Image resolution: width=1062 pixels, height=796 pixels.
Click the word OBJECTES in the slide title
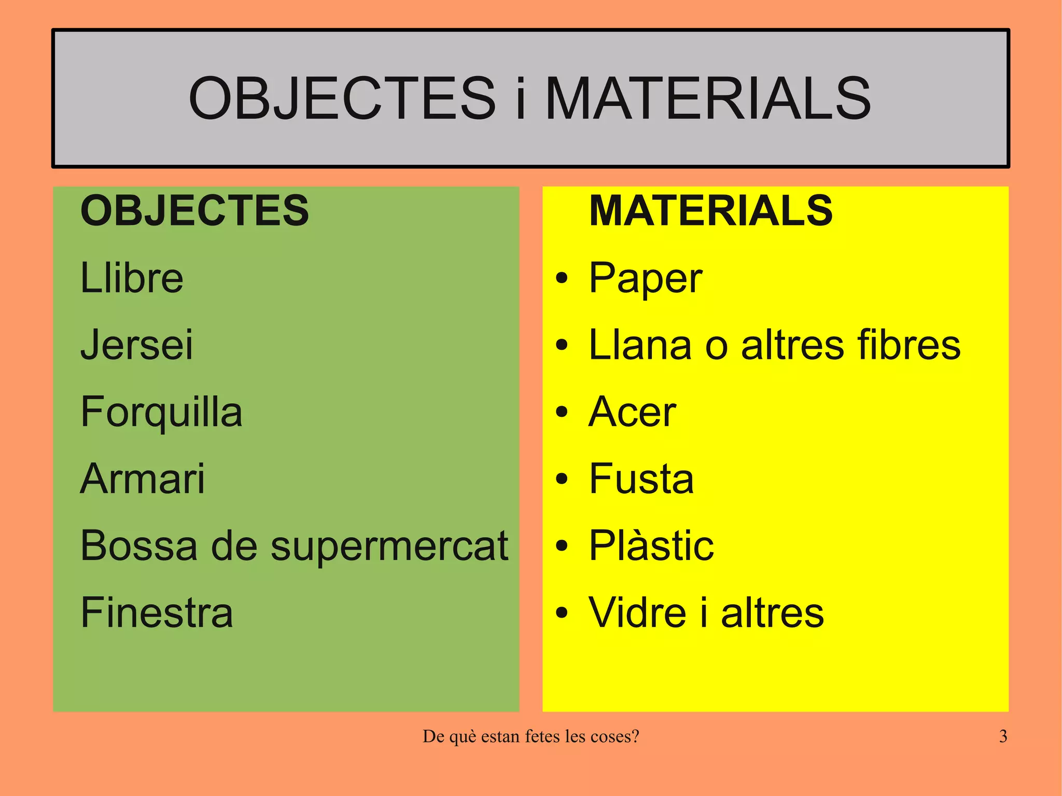(342, 98)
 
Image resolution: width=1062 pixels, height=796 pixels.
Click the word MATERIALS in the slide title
(708, 98)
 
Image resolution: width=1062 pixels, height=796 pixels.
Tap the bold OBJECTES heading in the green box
(194, 211)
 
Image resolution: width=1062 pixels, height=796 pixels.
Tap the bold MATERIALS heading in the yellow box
(711, 211)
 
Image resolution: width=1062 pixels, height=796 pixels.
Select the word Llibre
(132, 278)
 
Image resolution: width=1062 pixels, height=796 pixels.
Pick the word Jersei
(137, 344)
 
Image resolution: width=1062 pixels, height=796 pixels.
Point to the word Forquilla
(161, 412)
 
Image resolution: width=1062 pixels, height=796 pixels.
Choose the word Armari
(143, 479)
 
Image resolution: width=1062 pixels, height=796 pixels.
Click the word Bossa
(139, 546)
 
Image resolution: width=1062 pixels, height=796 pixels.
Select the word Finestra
(157, 612)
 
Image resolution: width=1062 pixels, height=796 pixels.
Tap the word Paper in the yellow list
(646, 279)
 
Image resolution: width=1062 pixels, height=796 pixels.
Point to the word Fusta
(641, 479)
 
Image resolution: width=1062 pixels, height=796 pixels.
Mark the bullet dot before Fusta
(562, 479)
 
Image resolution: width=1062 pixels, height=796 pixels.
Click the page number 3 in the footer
(1003, 736)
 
